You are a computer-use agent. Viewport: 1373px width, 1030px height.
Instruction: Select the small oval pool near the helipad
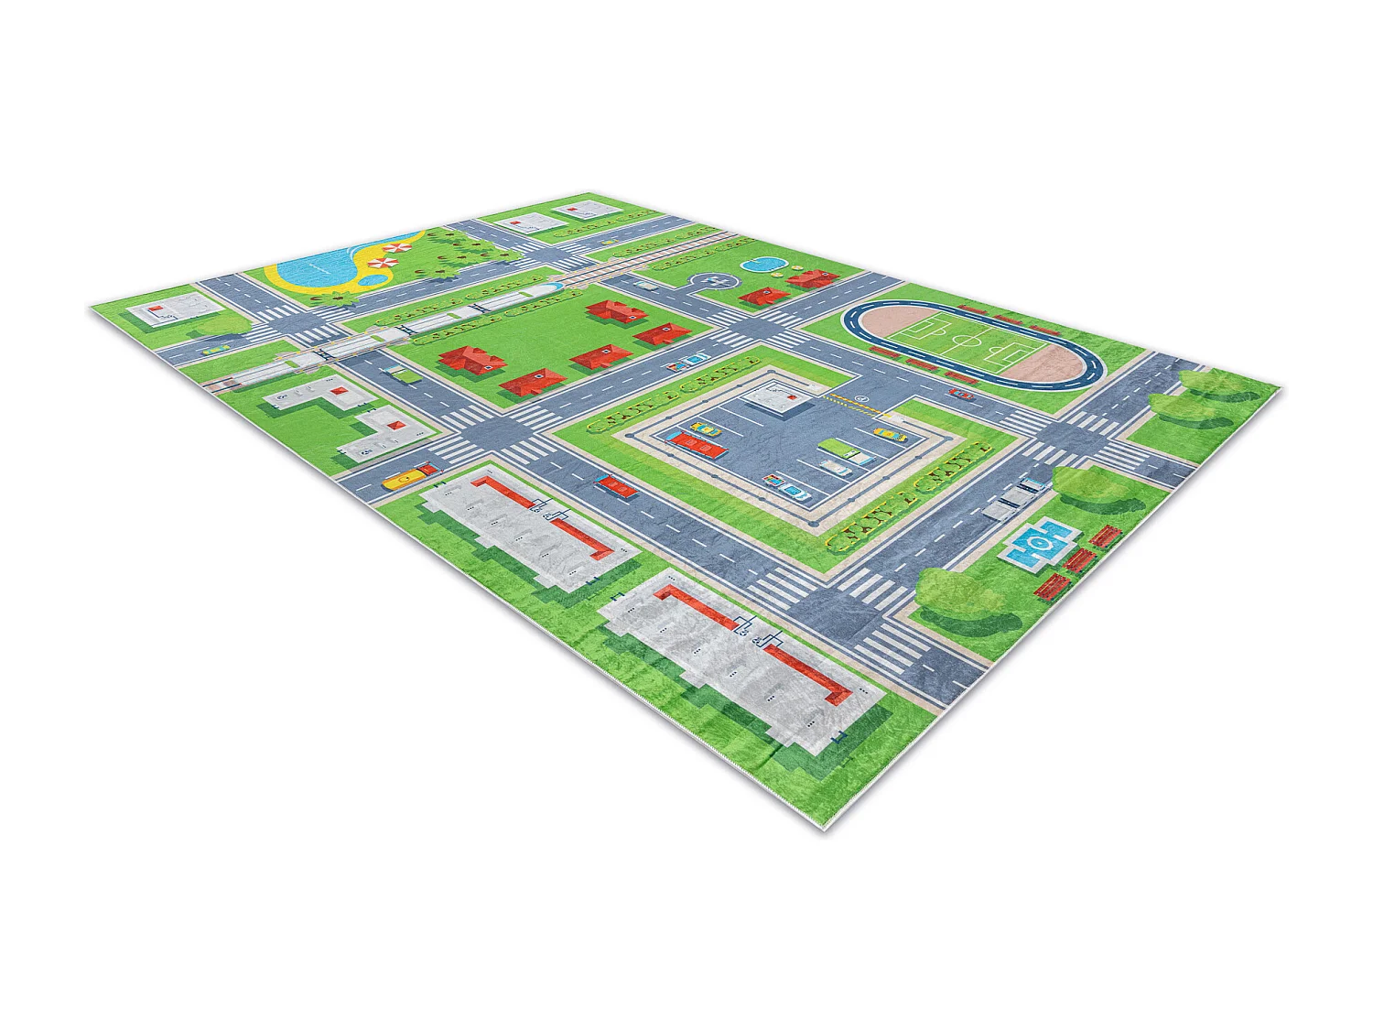(x=762, y=266)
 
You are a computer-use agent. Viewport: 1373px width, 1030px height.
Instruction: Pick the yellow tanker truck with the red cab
(x=408, y=475)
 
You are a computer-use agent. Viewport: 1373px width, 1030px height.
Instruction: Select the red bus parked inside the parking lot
(x=697, y=445)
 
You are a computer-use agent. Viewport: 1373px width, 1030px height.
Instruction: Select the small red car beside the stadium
(x=961, y=394)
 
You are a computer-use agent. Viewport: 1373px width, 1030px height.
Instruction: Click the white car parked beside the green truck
(x=837, y=466)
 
